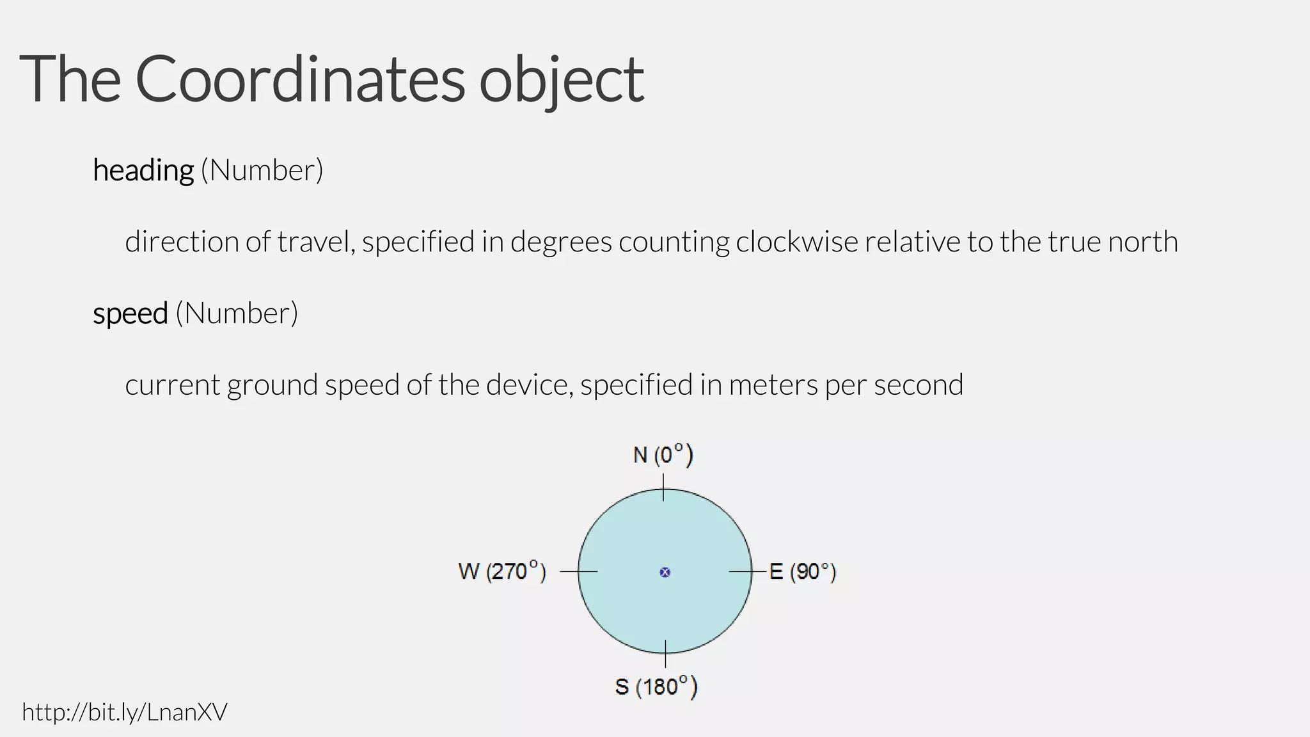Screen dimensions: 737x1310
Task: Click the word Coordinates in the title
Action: pos(299,79)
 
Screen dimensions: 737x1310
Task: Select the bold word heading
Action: pos(143,171)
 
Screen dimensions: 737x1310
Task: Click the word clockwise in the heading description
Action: pos(796,242)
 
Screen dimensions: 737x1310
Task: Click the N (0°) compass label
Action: pos(663,455)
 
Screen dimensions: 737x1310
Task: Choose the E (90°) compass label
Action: pos(802,571)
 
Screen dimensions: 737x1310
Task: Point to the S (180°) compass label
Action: pos(656,687)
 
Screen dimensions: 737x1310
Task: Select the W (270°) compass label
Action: pos(502,571)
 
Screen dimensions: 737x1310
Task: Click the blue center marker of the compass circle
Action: pos(665,572)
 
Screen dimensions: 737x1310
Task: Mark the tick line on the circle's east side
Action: pos(747,571)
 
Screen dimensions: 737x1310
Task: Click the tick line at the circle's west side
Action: pos(579,571)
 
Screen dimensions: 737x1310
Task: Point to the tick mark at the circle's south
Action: pos(665,654)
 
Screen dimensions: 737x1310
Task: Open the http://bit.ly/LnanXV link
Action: pos(125,712)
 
